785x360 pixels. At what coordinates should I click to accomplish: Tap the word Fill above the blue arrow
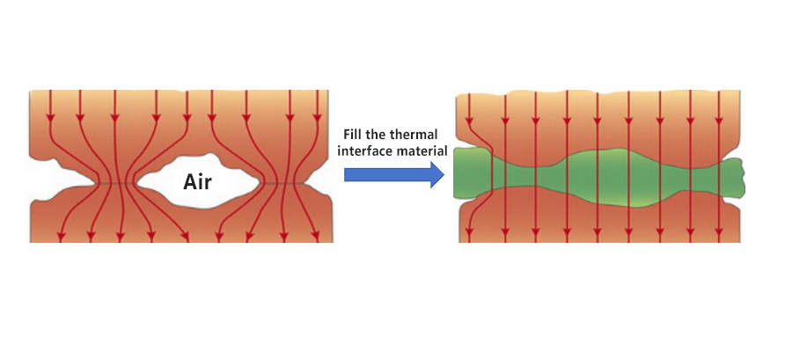353,135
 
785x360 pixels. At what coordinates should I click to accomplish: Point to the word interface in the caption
369,151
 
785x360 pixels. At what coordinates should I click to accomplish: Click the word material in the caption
424,151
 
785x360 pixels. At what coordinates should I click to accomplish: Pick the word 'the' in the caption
380,135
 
